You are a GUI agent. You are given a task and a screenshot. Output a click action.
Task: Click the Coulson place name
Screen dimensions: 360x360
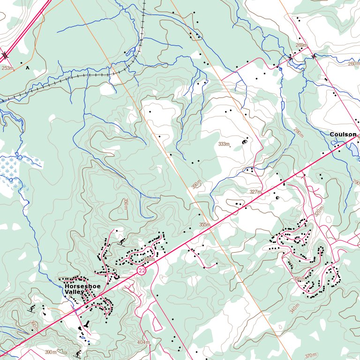tap(343, 135)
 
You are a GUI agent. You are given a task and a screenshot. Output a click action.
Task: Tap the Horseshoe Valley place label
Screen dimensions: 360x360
tap(82, 289)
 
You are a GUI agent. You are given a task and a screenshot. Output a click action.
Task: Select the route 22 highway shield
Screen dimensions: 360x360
tap(142, 271)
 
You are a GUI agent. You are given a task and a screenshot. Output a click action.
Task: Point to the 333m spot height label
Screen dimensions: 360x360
tap(224, 144)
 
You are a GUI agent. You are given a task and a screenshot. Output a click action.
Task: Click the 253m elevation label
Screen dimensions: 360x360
tap(7, 68)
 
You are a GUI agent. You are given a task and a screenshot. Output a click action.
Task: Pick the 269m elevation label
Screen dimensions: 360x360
tap(301, 45)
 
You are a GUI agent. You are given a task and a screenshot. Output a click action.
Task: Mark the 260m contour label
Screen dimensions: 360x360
tap(353, 64)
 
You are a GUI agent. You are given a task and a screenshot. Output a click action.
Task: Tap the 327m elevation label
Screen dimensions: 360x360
tap(255, 192)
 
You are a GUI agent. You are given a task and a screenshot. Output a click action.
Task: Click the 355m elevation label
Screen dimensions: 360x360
tap(204, 225)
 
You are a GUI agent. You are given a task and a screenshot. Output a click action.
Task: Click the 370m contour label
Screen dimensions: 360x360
tap(310, 356)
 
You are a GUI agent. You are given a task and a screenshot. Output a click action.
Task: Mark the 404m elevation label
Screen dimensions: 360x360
tap(143, 343)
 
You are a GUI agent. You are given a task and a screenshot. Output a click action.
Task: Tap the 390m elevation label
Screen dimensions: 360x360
tap(50, 352)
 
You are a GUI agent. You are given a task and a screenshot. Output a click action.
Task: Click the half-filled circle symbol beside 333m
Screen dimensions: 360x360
tap(244, 142)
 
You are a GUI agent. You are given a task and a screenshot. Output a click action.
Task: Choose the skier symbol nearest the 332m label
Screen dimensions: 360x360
tap(123, 242)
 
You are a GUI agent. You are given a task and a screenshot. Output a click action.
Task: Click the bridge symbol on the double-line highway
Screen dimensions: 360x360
tap(5, 55)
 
